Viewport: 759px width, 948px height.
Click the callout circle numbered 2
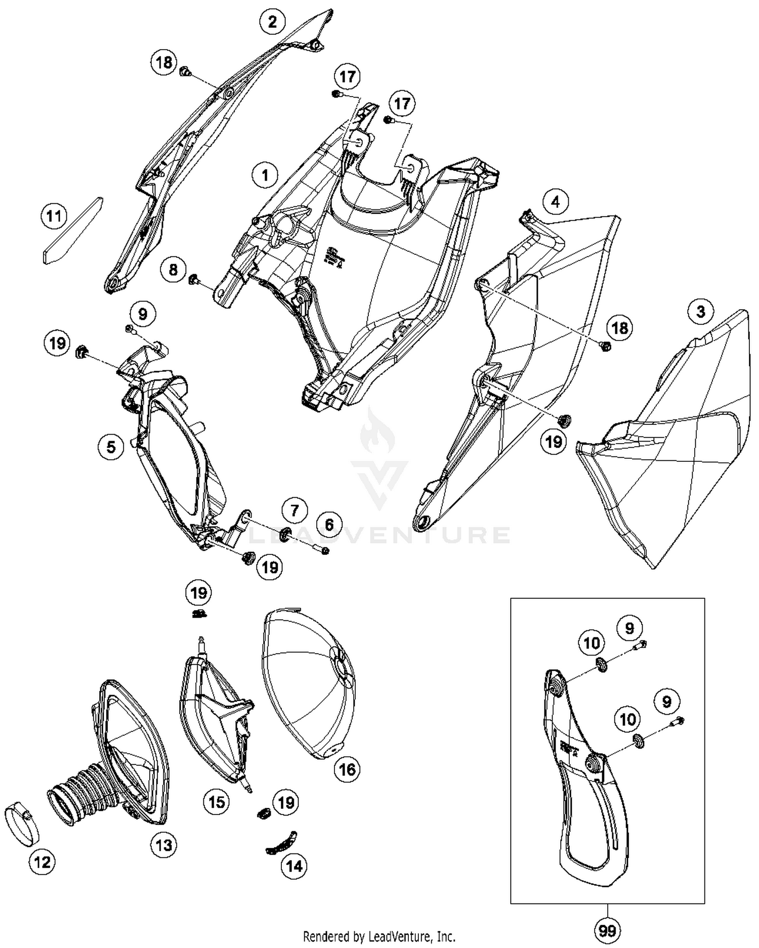(273, 22)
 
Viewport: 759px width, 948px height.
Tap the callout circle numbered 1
(265, 176)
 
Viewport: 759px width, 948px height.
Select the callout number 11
(54, 217)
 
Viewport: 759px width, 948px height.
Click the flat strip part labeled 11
(72, 231)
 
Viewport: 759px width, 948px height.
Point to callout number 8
(173, 270)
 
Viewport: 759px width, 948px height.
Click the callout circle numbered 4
(556, 202)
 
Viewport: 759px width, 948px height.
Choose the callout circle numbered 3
(700, 311)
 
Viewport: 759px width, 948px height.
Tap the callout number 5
(111, 446)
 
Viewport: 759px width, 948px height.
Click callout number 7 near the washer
(294, 510)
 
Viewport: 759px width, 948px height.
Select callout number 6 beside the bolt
(329, 525)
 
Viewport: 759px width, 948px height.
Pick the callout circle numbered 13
(164, 844)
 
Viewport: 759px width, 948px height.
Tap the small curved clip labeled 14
(282, 842)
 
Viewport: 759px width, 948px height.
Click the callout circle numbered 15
(217, 801)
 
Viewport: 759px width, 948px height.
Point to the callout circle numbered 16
(347, 769)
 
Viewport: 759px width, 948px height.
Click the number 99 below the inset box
(607, 930)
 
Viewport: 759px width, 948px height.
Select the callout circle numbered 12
(42, 861)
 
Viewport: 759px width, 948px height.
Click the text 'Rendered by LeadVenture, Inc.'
(379, 936)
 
